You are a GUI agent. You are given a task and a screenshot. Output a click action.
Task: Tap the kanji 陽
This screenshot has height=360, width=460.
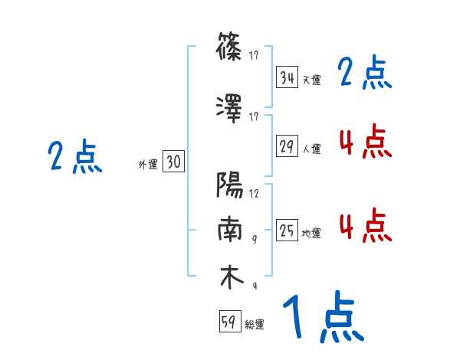[x=231, y=186]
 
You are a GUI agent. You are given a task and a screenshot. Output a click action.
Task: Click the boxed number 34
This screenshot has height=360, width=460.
[x=287, y=78]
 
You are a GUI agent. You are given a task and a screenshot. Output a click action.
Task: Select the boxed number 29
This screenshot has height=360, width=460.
[x=287, y=147]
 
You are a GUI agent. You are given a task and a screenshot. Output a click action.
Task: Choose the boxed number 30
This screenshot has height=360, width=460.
[x=173, y=162]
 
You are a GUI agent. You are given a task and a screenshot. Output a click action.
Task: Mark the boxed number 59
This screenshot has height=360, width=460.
[x=229, y=322]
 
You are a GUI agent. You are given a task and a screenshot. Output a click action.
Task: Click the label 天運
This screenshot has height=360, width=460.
[x=312, y=80]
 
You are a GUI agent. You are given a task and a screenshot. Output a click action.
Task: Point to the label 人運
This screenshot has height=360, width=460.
[x=312, y=149]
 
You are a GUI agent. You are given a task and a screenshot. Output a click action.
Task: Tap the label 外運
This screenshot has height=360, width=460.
[x=148, y=163]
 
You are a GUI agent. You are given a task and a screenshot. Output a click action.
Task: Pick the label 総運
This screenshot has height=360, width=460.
[x=255, y=324]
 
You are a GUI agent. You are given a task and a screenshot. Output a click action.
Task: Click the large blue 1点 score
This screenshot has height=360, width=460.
[x=322, y=316]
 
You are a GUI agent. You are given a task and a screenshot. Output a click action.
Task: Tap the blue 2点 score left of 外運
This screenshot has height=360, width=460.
[x=75, y=158]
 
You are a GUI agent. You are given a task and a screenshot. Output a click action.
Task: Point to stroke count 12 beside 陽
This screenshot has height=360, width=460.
[x=254, y=194]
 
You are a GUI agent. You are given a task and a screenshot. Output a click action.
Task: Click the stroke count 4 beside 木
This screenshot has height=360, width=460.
[x=254, y=285]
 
